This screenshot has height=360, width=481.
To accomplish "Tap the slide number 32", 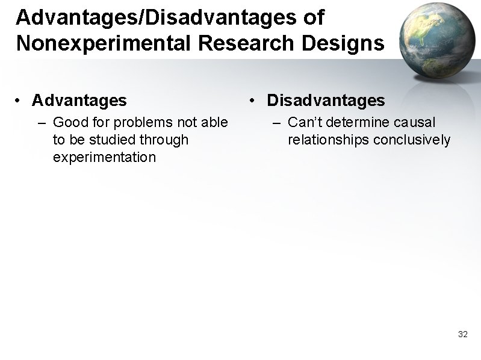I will point(462,334).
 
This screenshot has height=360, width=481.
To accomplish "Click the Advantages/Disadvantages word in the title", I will point(155,17).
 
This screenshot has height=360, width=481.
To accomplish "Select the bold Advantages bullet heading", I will point(79,99).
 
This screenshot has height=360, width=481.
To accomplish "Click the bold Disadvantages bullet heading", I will point(325,99).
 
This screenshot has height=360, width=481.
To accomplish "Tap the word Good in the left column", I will point(69,123).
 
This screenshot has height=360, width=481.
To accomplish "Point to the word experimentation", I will point(104,158).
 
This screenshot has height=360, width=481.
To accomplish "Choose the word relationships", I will point(328,140).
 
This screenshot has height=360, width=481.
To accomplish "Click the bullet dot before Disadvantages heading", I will point(255,100).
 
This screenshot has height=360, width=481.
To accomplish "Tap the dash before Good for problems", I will point(42,123).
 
